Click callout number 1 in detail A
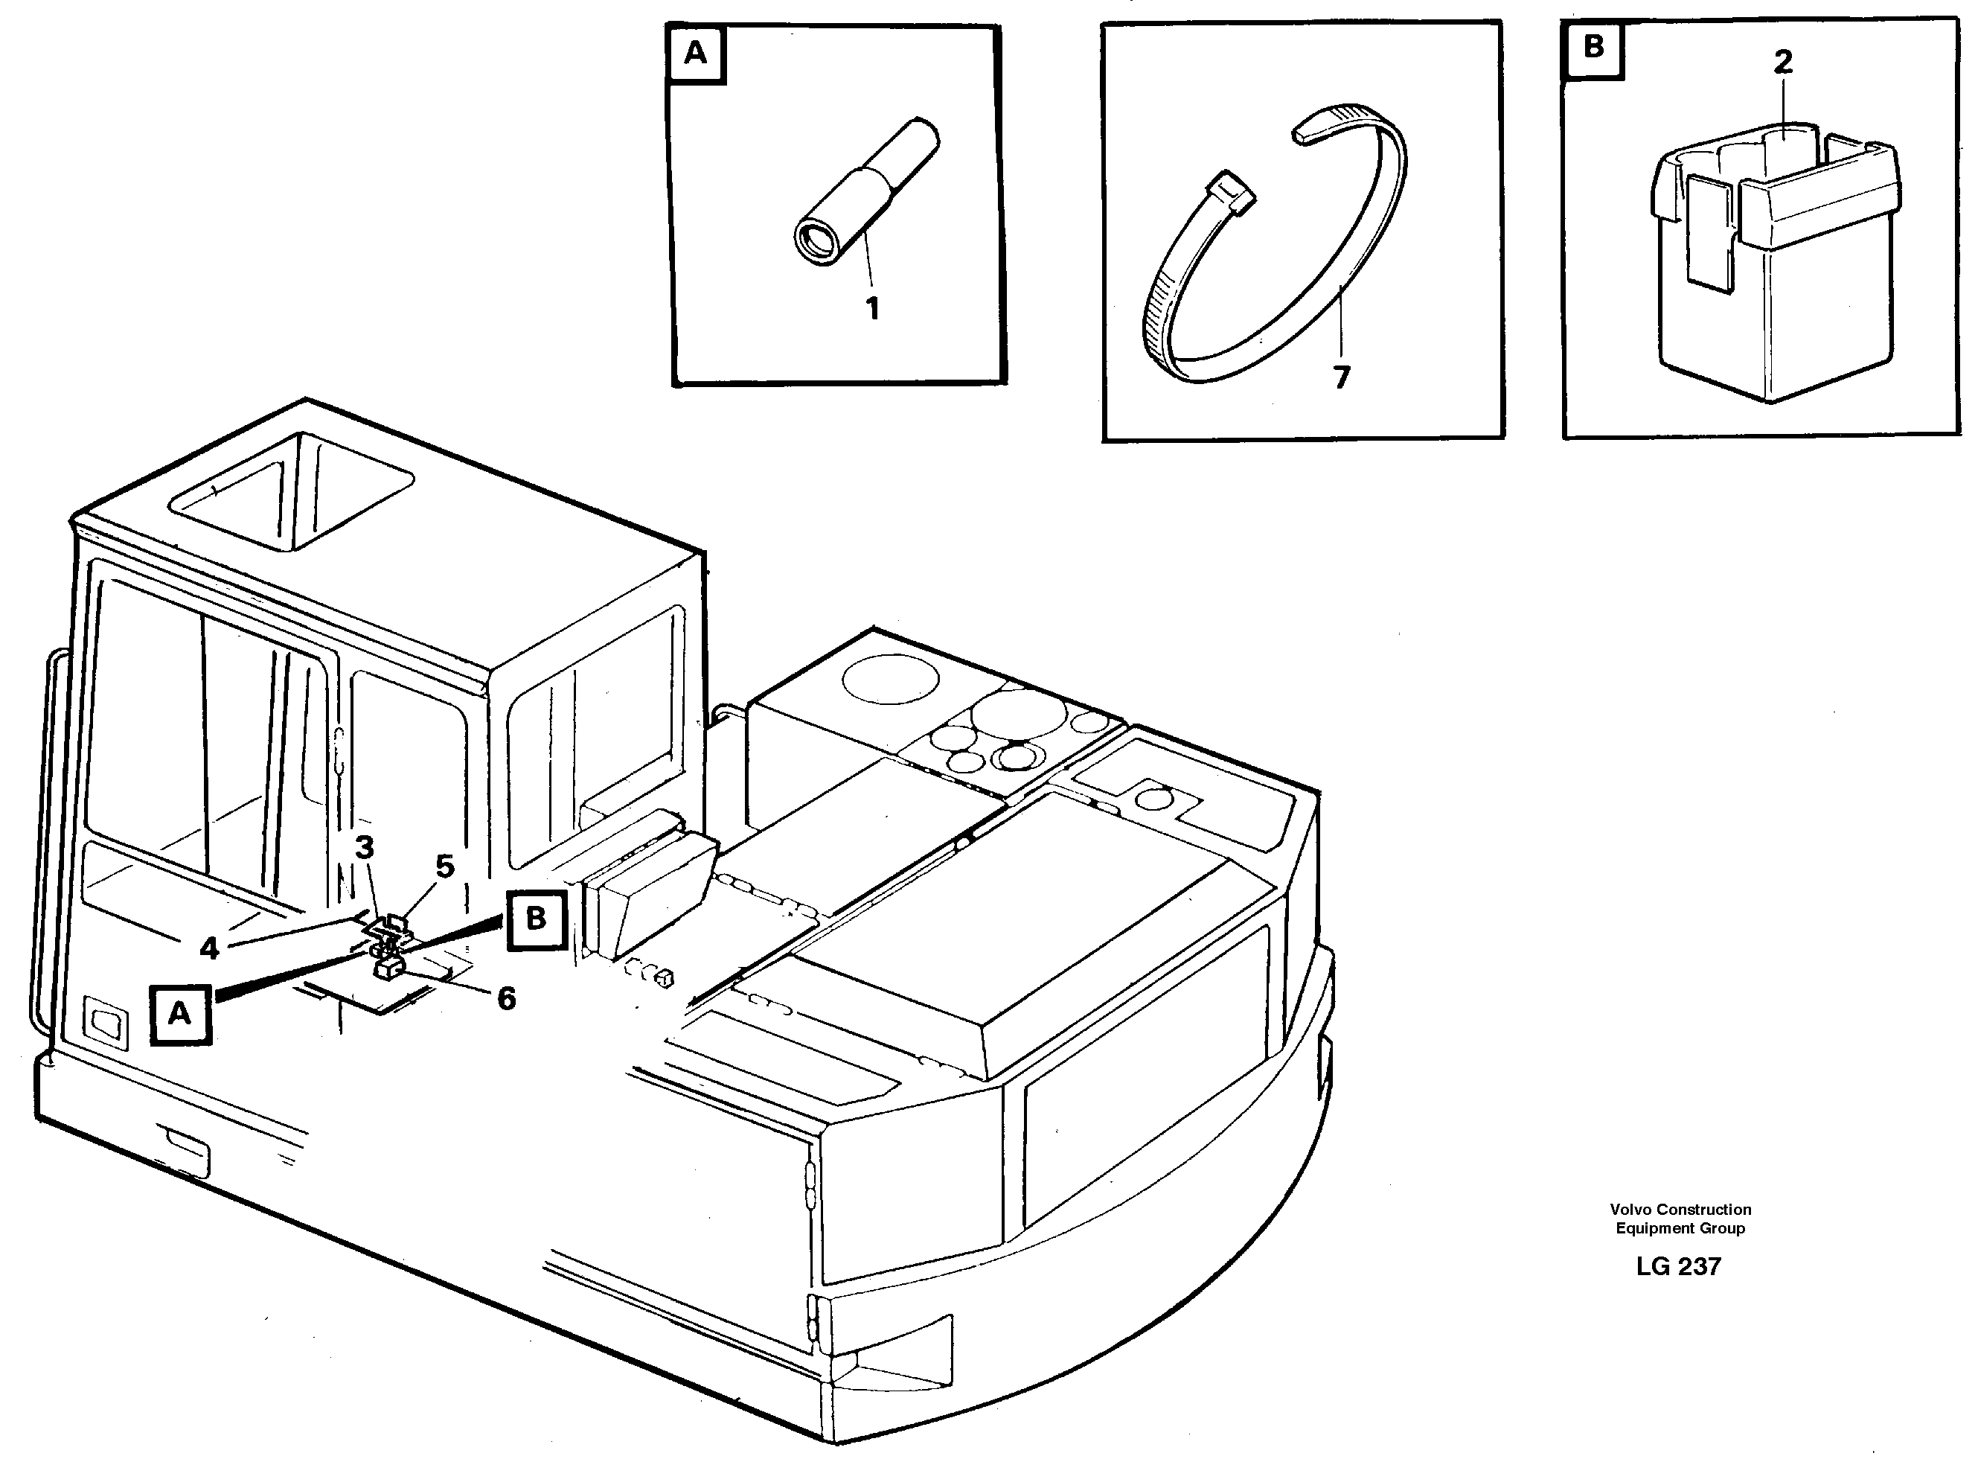(871, 309)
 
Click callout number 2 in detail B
(1783, 62)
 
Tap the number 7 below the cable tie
(1341, 378)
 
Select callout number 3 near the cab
(364, 848)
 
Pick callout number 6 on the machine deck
(506, 999)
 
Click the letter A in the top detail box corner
(696, 54)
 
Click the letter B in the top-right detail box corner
(1593, 47)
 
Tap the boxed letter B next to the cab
(536, 919)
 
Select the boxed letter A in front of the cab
(180, 1014)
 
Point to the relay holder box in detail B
(1775, 274)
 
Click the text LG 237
(1678, 1266)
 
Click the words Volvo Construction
(1680, 1210)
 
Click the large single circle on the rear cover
(890, 679)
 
